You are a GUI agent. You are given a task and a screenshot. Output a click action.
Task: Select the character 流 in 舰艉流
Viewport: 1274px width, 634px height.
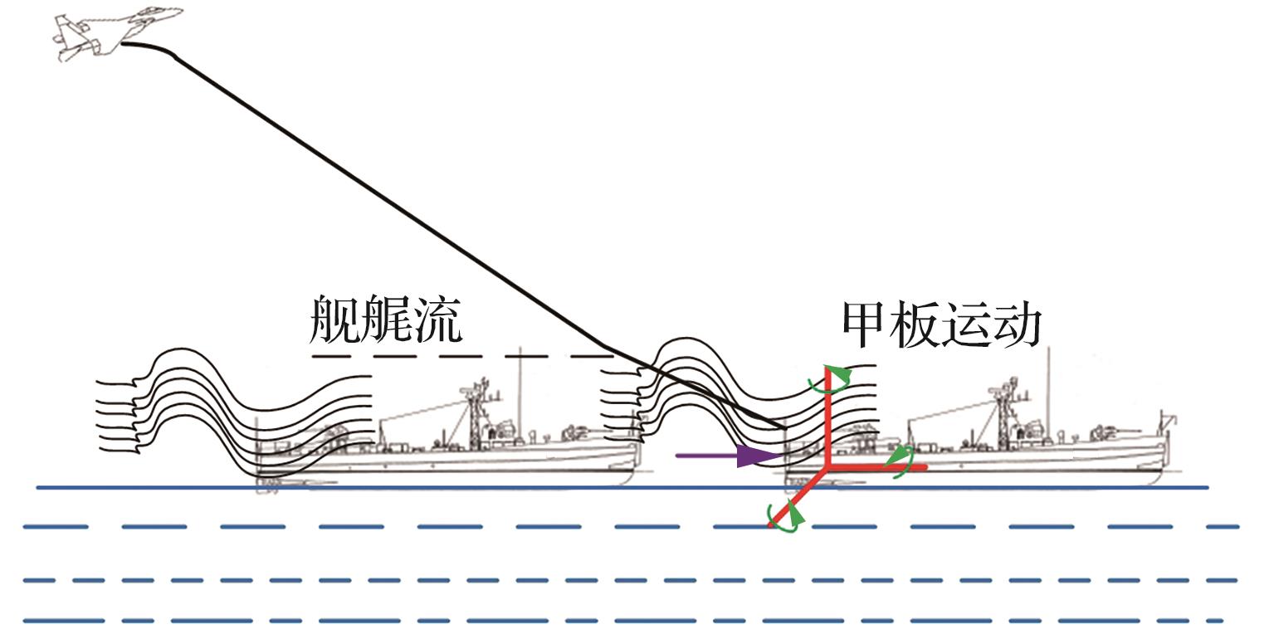coord(435,319)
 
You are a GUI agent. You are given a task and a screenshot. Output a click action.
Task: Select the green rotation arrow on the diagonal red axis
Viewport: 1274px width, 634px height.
coord(784,516)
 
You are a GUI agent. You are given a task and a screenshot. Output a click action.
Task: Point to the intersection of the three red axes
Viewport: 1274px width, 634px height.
coord(828,468)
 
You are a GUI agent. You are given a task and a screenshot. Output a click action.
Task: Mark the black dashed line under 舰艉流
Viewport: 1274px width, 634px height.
coord(465,357)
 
